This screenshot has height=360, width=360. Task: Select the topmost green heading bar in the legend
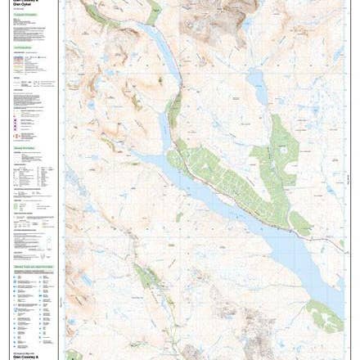[25, 14]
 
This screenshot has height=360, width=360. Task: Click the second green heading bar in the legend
[24, 48]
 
